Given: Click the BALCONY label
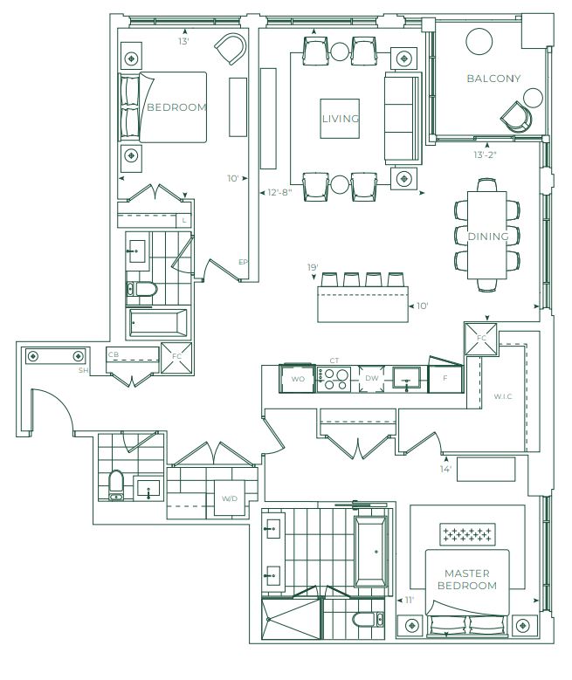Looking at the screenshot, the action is [x=493, y=79].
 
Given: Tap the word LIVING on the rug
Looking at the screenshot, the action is [x=341, y=119].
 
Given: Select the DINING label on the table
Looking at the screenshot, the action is [x=488, y=237].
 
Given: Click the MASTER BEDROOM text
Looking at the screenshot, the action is [x=467, y=580].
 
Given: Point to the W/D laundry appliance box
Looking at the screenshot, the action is [x=230, y=498].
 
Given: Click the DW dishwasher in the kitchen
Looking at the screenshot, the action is [x=371, y=378].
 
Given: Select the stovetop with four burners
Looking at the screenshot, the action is [x=334, y=379].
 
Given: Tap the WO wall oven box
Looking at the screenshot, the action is [x=297, y=379].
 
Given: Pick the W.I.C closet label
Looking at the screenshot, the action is [x=502, y=396].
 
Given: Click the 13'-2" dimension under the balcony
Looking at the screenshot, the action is [x=485, y=155].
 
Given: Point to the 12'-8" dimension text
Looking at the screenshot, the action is [x=279, y=192].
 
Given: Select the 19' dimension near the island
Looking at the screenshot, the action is [x=313, y=268].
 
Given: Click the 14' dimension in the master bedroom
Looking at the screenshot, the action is [x=445, y=469].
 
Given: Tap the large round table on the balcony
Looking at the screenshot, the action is [x=479, y=42].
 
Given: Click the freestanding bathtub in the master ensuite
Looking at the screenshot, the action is [x=370, y=552].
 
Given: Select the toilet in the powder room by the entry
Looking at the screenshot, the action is [x=116, y=484].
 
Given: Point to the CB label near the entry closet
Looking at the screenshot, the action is [x=114, y=354].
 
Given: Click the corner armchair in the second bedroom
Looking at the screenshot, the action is [x=231, y=49].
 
